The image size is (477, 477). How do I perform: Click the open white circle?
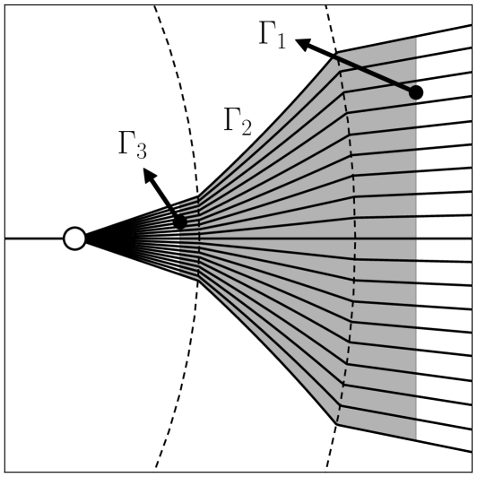click(x=74, y=238)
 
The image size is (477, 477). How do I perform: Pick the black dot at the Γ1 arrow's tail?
click(x=415, y=92)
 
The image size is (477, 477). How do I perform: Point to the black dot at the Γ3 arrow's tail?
click(x=180, y=221)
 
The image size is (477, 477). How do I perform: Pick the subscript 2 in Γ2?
click(x=245, y=127)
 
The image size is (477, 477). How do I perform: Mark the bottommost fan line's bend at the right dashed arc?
click(x=337, y=423)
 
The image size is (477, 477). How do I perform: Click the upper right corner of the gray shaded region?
click(x=416, y=38)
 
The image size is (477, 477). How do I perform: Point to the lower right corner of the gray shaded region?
click(x=416, y=439)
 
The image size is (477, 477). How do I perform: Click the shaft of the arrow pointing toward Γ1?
click(x=359, y=67)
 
